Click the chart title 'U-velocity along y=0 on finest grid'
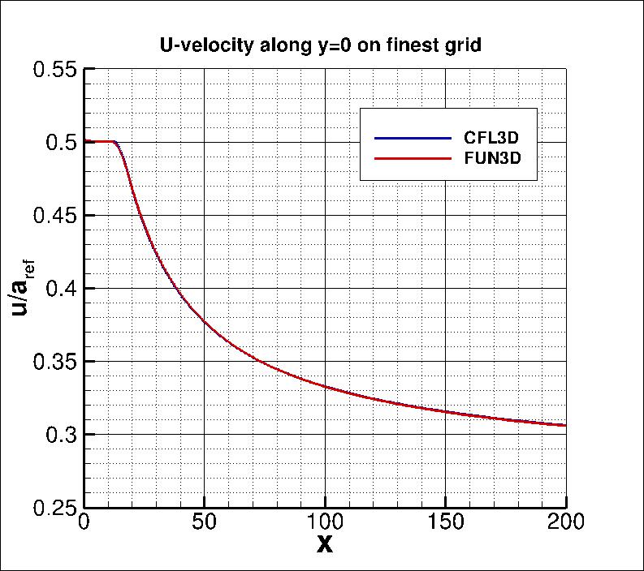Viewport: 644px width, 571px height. (x=321, y=46)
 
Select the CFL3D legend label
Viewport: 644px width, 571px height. (x=497, y=137)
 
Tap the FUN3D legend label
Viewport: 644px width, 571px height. (x=497, y=158)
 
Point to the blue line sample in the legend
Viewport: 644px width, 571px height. (x=412, y=137)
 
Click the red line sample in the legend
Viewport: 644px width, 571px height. (x=412, y=158)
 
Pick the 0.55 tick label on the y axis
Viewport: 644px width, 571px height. (x=54, y=70)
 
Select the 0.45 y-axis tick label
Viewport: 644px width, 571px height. (x=54, y=216)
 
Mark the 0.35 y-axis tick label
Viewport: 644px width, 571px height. (x=54, y=362)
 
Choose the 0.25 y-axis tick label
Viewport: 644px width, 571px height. (x=54, y=508)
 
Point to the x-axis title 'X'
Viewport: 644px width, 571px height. (x=325, y=547)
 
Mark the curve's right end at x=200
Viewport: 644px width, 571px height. (x=565, y=425)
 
